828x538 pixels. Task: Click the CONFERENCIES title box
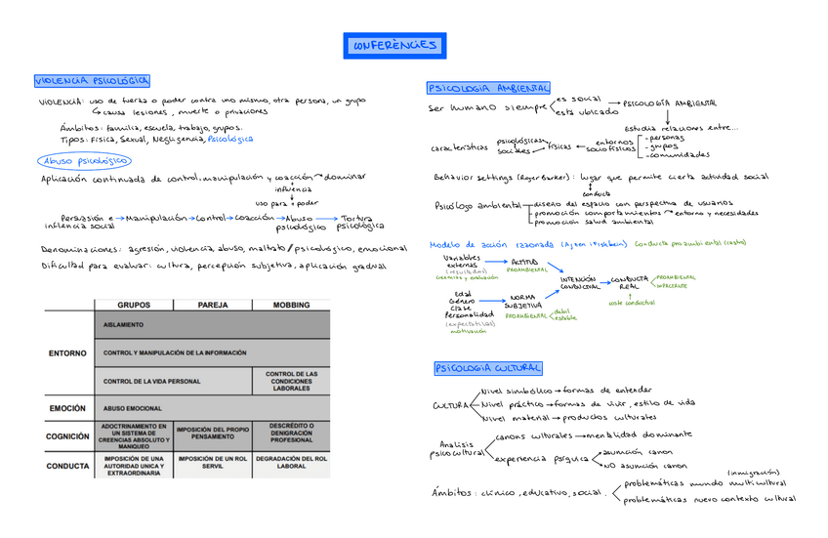394,46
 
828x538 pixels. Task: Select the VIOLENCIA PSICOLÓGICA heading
93,81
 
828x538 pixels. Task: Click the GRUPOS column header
134,305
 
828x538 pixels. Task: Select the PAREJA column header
213,305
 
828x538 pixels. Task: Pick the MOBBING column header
291,305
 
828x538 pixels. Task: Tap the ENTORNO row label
67,352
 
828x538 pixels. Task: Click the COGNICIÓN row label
67,436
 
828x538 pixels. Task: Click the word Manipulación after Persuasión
156,217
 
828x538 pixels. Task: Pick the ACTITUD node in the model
524,262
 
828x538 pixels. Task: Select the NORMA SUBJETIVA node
523,301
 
